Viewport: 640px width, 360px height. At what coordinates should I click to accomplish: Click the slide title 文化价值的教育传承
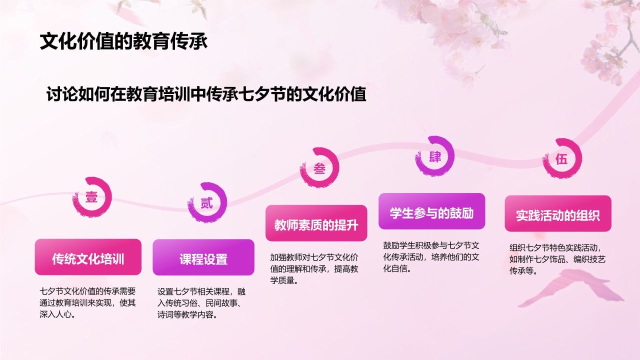tap(123, 41)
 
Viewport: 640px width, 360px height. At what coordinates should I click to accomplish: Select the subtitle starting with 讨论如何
tap(206, 94)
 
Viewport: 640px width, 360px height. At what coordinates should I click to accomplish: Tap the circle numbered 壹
tap(91, 196)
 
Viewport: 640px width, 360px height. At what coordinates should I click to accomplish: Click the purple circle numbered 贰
tap(207, 203)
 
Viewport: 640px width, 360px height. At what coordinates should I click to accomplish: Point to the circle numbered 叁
tap(319, 167)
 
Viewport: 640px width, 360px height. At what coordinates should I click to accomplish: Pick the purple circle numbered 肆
tap(434, 156)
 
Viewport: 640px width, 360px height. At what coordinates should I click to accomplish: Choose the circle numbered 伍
tap(562, 159)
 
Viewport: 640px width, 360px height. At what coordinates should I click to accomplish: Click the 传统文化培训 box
tap(88, 257)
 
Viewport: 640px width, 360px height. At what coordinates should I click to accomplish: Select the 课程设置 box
tap(203, 257)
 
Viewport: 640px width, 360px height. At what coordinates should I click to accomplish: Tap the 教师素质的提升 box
tap(316, 223)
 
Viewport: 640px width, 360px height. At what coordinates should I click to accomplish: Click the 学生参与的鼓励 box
tap(431, 211)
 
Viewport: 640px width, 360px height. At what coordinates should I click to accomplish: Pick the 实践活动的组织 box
tap(558, 213)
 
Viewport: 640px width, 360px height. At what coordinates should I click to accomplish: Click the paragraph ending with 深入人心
tap(87, 303)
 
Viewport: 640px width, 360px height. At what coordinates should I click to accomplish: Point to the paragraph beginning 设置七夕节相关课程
tap(201, 303)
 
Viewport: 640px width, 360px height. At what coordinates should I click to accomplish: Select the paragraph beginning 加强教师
tap(314, 269)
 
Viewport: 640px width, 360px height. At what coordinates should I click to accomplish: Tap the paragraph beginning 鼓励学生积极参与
tap(431, 257)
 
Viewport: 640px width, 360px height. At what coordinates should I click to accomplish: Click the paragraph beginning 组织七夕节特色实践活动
tap(557, 259)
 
